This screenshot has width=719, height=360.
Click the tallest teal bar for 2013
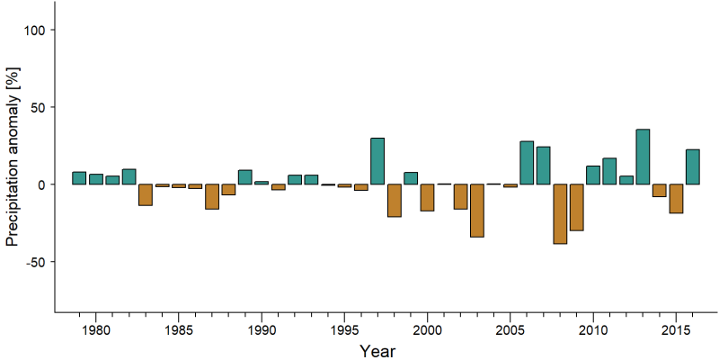tap(643, 157)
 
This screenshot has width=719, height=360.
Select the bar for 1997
tap(377, 161)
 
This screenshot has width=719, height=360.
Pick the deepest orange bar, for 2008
tap(560, 214)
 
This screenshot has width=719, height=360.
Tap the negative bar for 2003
tap(477, 211)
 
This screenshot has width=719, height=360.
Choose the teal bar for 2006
tap(527, 163)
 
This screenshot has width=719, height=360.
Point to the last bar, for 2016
tap(692, 166)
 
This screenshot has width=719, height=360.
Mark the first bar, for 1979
tap(79, 178)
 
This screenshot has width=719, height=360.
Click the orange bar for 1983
tap(146, 194)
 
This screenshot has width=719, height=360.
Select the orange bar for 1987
tap(212, 196)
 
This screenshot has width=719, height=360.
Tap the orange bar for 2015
tap(676, 198)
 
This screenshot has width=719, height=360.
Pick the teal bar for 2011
tap(609, 171)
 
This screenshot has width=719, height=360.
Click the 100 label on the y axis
tap(33, 30)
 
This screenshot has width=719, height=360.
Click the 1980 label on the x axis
tap(95, 329)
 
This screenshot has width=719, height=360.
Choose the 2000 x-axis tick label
tap(427, 329)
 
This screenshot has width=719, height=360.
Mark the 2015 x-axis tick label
tap(676, 329)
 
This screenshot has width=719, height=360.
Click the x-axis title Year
tap(377, 351)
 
